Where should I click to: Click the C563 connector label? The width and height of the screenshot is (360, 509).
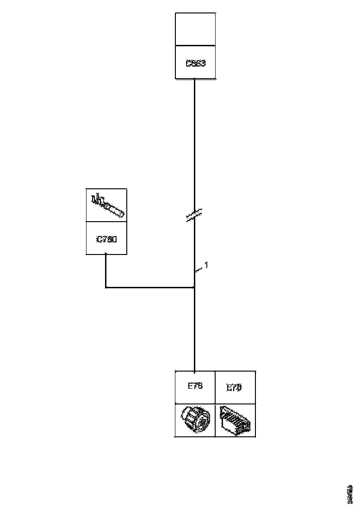(x=195, y=63)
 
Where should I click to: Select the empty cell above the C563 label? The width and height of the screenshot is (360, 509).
(x=195, y=29)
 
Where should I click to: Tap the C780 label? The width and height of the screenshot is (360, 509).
(x=106, y=239)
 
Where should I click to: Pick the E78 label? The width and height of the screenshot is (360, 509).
(x=195, y=386)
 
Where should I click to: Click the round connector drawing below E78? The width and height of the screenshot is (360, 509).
(x=194, y=420)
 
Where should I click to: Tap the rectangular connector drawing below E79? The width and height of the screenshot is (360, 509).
(x=235, y=420)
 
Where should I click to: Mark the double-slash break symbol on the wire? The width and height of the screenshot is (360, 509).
(x=194, y=215)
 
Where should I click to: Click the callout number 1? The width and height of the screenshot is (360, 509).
(x=206, y=265)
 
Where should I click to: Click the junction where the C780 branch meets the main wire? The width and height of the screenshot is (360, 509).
(x=194, y=288)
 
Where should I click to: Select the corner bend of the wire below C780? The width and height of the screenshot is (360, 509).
(x=106, y=288)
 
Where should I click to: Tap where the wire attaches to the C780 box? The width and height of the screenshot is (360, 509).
(x=106, y=254)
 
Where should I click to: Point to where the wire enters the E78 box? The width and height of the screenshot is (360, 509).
(x=194, y=371)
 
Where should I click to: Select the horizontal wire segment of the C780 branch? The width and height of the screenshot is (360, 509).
(x=150, y=288)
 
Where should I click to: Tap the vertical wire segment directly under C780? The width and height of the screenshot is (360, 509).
(x=106, y=271)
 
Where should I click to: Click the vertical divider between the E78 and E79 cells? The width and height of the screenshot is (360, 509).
(x=215, y=387)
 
